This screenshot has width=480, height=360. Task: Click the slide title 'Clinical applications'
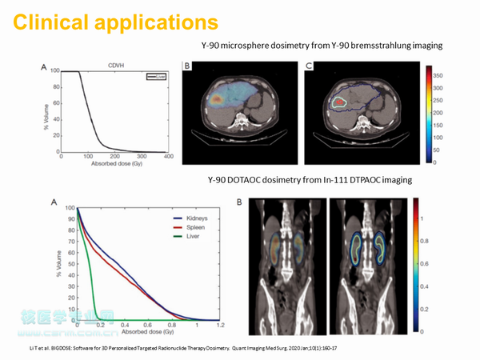pyautogui.click(x=115, y=22)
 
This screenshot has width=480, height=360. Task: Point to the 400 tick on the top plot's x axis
pyautogui.click(x=169, y=158)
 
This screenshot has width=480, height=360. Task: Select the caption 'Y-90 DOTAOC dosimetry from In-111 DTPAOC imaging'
pyautogui.click(x=310, y=181)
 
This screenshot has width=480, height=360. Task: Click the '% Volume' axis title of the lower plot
pyautogui.click(x=58, y=264)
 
